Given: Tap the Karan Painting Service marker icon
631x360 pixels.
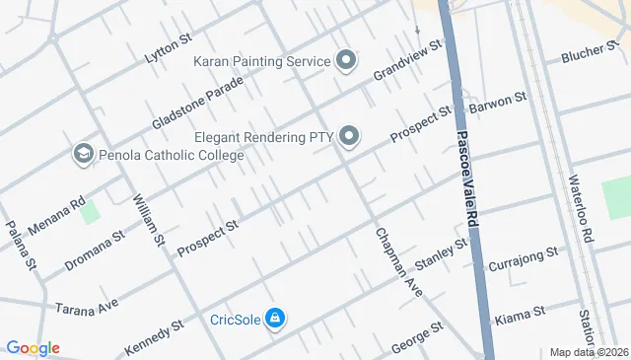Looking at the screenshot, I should coord(346,62).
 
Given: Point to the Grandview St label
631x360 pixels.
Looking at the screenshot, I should coord(407,61).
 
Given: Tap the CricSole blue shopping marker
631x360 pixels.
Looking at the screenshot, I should coord(277,319).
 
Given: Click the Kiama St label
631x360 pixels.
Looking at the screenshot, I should coord(524,312).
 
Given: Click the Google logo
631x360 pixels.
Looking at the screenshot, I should coord(32,348).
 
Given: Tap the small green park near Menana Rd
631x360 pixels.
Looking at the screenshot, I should coord(90,212).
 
